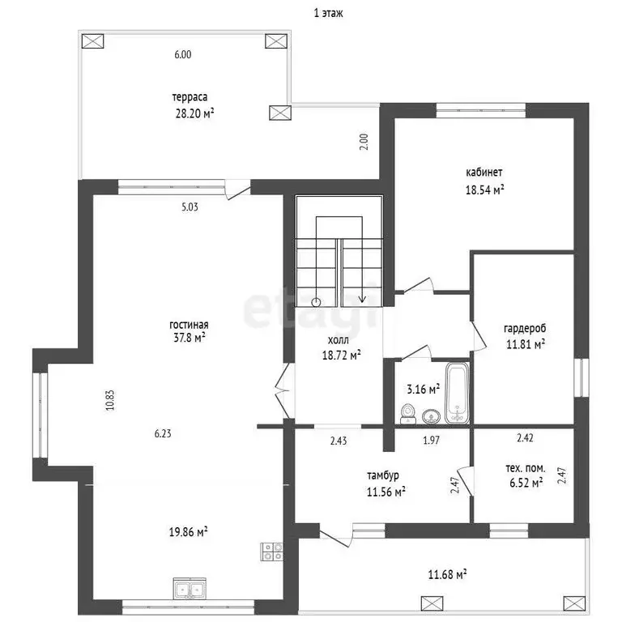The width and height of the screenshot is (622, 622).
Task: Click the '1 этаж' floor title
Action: tap(328, 13)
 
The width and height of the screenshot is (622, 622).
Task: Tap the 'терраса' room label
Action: tap(190, 97)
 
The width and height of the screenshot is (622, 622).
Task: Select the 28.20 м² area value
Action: tap(194, 114)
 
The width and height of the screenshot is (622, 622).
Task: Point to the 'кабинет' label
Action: tap(484, 173)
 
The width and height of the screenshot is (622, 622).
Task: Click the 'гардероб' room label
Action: tap(525, 329)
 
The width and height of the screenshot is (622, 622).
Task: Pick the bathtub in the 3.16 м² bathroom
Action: tap(458, 393)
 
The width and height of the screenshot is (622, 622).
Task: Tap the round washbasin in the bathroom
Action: tap(431, 416)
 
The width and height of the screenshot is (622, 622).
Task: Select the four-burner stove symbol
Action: tap(272, 552)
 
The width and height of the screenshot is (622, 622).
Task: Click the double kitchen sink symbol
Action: tap(190, 588)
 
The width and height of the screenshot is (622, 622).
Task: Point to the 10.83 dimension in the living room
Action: tap(110, 400)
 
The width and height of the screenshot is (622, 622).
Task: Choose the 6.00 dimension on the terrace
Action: tap(183, 54)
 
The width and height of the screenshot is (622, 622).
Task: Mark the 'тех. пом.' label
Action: tap(525, 468)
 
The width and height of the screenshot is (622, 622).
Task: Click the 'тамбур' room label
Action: tap(383, 475)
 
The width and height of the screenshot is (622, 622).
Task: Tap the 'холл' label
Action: tap(339, 340)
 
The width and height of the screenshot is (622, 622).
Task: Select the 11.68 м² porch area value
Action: tap(447, 574)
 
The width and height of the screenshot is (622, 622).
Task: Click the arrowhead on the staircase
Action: tap(362, 299)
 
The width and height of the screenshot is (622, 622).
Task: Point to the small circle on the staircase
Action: tap(316, 302)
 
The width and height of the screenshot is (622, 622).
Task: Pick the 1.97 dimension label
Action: tap(431, 441)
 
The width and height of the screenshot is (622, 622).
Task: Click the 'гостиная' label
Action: tap(189, 325)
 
